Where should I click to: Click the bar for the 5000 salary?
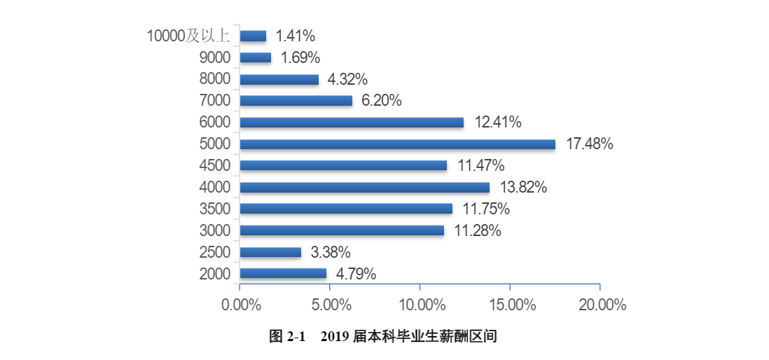point(397,144)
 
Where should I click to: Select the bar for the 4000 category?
point(364,187)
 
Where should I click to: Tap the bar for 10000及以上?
point(253,36)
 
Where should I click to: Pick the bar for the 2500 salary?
point(270,252)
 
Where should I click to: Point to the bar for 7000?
point(296,101)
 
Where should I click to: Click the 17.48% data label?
point(590,144)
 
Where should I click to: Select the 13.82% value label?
point(523,187)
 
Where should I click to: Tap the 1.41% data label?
point(296,36)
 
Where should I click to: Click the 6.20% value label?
point(381,101)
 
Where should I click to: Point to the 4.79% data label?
point(356,274)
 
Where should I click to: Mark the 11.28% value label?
point(477,230)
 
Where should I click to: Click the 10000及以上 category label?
point(188,36)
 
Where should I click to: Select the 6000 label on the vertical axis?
point(214,123)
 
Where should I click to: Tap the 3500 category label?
point(214,209)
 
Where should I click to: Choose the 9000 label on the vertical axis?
point(214,57)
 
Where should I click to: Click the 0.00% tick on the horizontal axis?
point(241,305)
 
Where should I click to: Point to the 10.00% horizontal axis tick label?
point(420,305)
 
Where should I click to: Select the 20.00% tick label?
point(600,305)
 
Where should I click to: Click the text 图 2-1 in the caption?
point(288,337)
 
